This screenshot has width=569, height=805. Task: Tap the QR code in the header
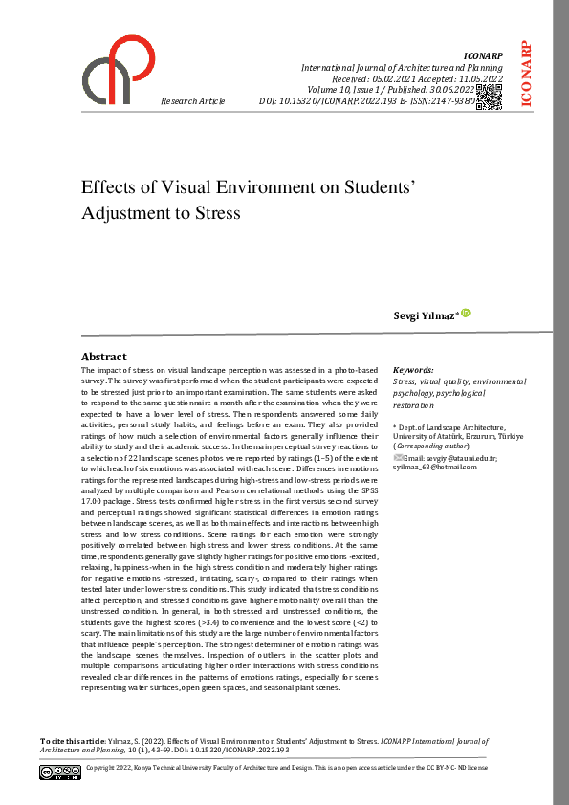click(x=488, y=97)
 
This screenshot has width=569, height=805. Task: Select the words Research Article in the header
click(x=193, y=100)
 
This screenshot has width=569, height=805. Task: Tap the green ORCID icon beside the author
click(x=466, y=313)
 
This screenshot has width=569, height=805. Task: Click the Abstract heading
click(x=103, y=357)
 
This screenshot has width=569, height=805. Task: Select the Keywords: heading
click(x=413, y=369)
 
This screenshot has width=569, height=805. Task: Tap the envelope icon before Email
click(x=397, y=457)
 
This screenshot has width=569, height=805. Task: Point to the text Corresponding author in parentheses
click(x=432, y=446)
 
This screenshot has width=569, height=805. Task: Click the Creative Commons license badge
click(x=60, y=771)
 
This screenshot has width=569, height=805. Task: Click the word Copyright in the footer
click(x=104, y=768)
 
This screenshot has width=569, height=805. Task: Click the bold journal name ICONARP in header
click(x=483, y=57)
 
